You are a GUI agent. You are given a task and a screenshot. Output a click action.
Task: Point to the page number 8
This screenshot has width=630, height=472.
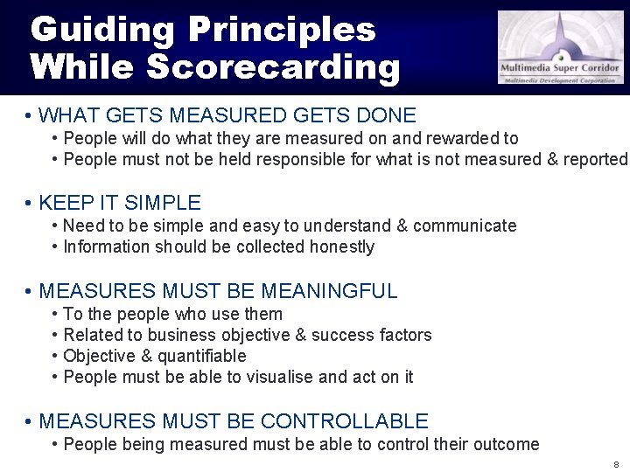click(x=616, y=464)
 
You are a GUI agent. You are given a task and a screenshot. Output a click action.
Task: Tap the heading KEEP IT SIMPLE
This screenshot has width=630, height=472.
click(x=120, y=203)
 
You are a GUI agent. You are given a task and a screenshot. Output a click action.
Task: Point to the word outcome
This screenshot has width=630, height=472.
click(x=507, y=444)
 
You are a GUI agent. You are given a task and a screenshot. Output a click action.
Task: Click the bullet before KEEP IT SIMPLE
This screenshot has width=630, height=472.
click(x=29, y=204)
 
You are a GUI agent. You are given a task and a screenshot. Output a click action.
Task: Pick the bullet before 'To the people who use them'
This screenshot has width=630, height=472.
click(x=55, y=314)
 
